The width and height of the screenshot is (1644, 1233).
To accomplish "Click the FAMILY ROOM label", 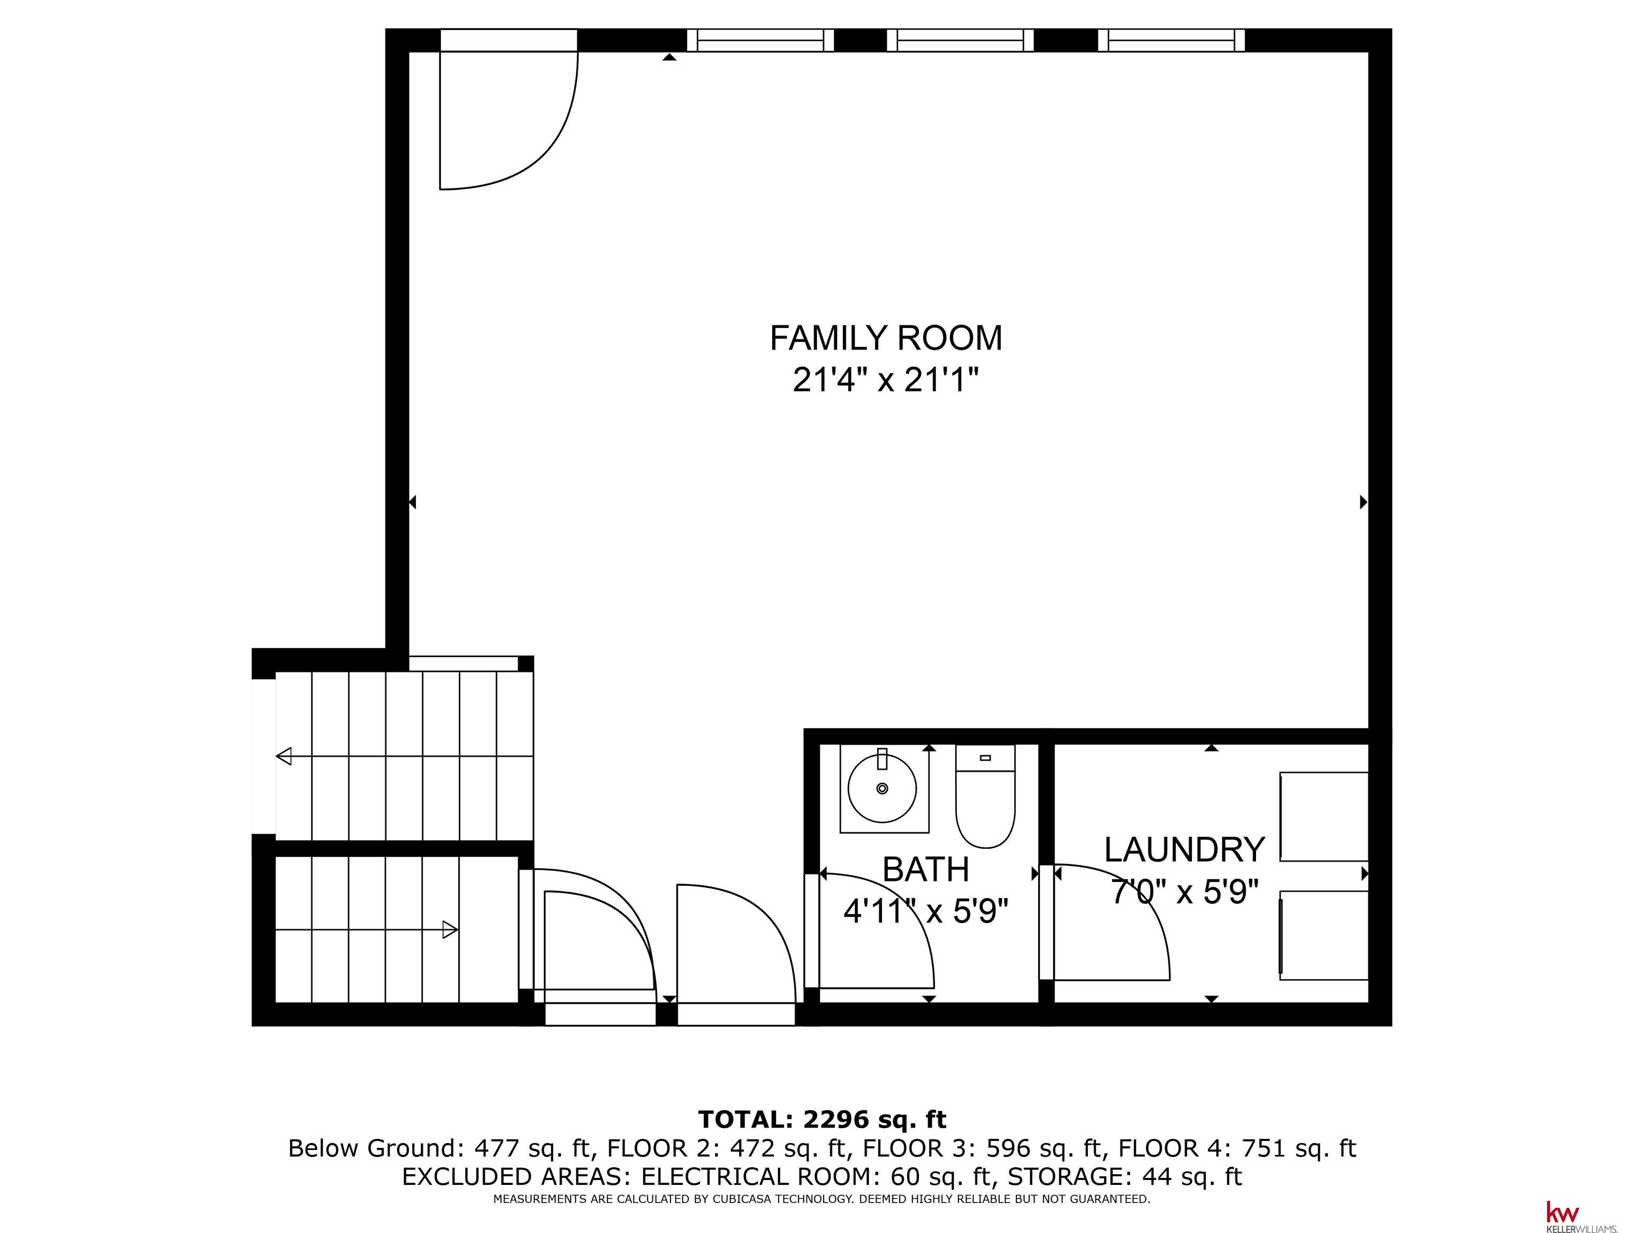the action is point(885,338).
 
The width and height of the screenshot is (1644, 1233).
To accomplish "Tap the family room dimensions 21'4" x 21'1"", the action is point(885,380).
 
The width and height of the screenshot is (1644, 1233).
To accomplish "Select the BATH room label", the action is point(925,870).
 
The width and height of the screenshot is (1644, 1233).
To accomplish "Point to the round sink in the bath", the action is point(882,789).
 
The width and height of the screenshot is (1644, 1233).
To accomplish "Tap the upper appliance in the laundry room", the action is point(1323,817).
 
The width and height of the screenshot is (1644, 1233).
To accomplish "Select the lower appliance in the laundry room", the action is point(1323,935).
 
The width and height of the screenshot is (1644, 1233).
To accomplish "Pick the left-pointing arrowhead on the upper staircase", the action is point(283,757).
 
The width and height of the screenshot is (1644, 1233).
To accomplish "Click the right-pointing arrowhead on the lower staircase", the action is point(451,930).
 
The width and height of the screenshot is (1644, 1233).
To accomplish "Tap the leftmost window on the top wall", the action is point(759,40).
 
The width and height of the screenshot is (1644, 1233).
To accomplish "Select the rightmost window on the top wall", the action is point(1171,40).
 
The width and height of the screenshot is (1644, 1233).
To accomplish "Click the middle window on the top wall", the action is point(960,40).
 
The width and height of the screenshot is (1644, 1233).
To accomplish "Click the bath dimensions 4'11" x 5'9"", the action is point(925,911).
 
